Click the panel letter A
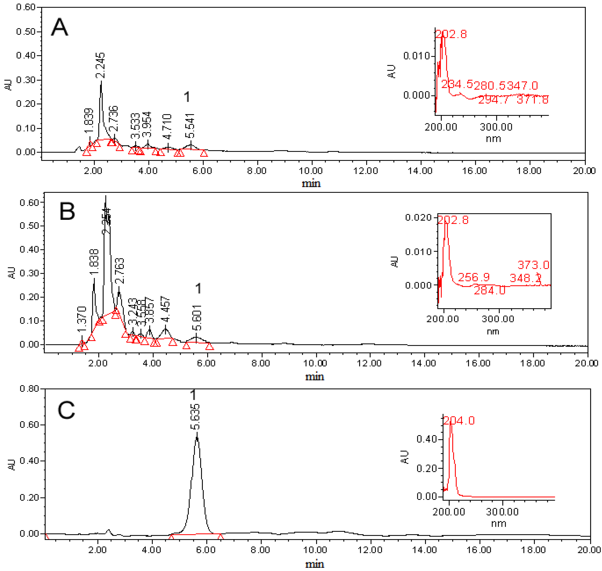click(59, 27)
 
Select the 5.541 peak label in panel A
click(190, 126)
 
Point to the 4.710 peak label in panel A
click(167, 127)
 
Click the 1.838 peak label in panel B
click(94, 262)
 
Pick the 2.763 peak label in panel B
click(120, 271)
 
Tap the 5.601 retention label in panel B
click(197, 318)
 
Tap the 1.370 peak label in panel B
click(82, 320)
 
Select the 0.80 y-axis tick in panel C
click(29, 389)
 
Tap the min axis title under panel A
click(311, 184)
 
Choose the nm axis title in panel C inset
click(498, 524)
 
